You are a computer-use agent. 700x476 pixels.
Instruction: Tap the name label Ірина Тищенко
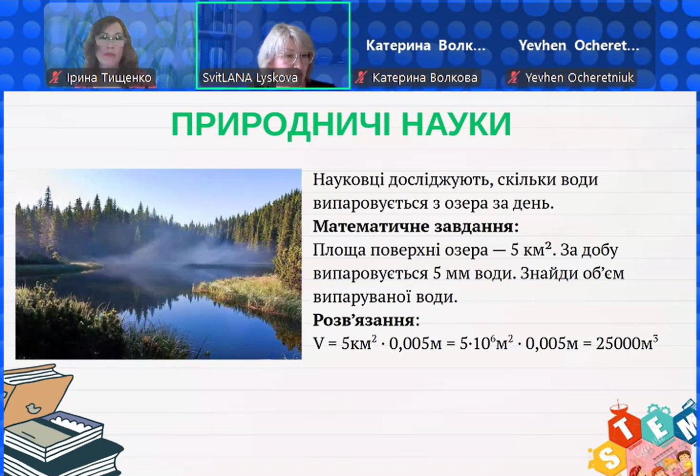(109, 78)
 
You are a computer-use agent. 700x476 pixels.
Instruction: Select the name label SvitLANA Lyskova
(250, 78)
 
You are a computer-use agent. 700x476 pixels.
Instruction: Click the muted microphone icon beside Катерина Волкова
(361, 78)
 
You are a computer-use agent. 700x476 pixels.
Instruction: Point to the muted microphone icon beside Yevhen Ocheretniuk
(514, 78)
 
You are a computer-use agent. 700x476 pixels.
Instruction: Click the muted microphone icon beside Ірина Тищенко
(55, 78)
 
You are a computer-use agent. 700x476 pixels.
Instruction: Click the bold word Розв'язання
(364, 320)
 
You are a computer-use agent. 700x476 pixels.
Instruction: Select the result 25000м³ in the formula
(627, 343)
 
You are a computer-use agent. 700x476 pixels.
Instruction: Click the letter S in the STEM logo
(607, 459)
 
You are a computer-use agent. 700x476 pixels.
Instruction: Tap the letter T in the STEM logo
(625, 430)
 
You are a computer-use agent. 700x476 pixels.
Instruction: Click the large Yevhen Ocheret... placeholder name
(579, 46)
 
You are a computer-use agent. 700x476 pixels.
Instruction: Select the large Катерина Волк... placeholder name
(426, 46)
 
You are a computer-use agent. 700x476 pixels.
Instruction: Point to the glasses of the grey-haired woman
(295, 57)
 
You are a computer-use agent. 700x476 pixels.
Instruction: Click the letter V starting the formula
(319, 344)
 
